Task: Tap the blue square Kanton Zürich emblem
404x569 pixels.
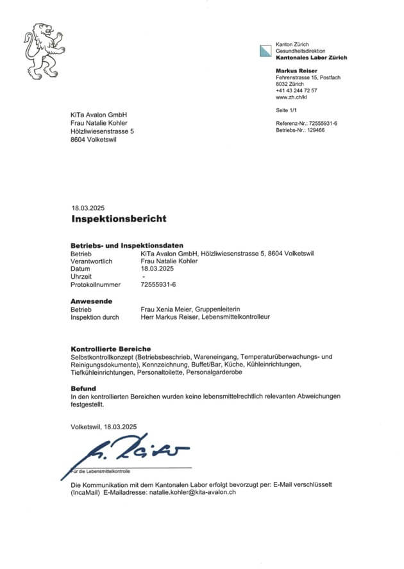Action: click(x=265, y=50)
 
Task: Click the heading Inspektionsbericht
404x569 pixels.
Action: click(x=119, y=219)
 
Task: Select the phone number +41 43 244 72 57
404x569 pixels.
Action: click(x=296, y=90)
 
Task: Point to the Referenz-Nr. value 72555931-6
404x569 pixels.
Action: click(x=323, y=122)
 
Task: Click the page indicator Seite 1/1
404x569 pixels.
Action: click(x=287, y=111)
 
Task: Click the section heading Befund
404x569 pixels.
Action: click(x=83, y=388)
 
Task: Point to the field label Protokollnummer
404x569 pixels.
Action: click(x=95, y=284)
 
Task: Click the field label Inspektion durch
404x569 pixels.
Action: click(x=95, y=317)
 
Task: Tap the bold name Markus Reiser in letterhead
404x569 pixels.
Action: click(x=296, y=70)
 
